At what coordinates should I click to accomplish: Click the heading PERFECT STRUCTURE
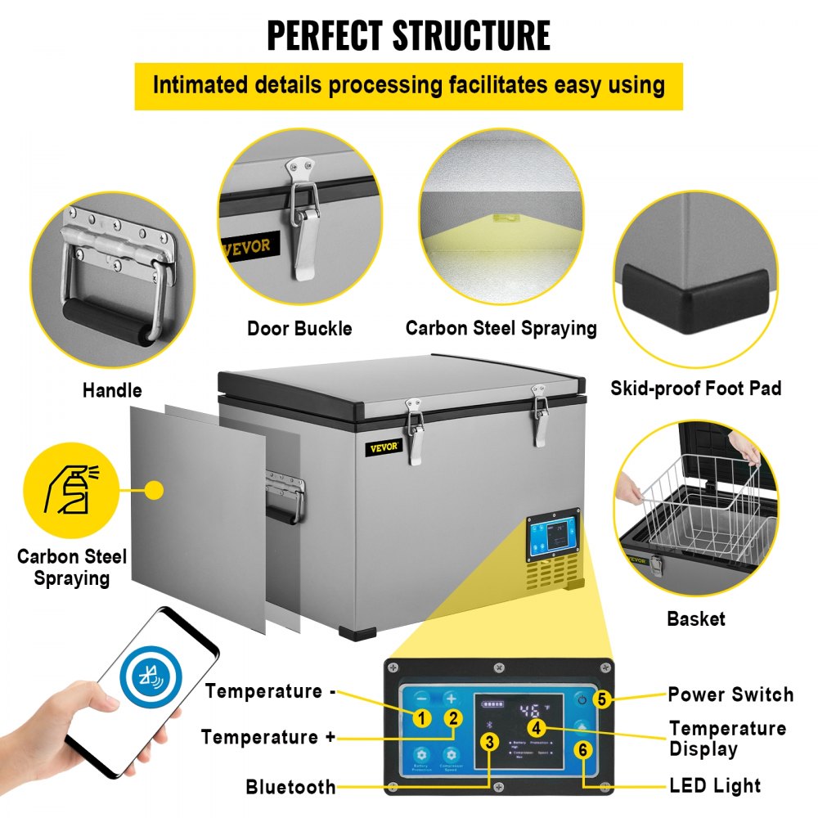[x=408, y=34]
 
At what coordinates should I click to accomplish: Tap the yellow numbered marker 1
[x=422, y=719]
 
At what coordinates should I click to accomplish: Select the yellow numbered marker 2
[x=452, y=719]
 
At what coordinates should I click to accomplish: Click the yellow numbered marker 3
[x=489, y=743]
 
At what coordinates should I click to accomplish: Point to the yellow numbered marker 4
[x=536, y=726]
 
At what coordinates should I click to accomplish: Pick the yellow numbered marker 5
[x=602, y=699]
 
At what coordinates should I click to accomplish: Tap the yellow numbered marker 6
[x=582, y=749]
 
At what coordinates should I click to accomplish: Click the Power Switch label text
[x=730, y=694]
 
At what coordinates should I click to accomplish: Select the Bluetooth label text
[x=290, y=787]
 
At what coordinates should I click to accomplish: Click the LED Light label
[x=714, y=786]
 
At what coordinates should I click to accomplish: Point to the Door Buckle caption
[x=299, y=329]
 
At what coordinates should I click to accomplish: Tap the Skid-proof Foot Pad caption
[x=695, y=388]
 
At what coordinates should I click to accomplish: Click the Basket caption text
[x=695, y=618]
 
